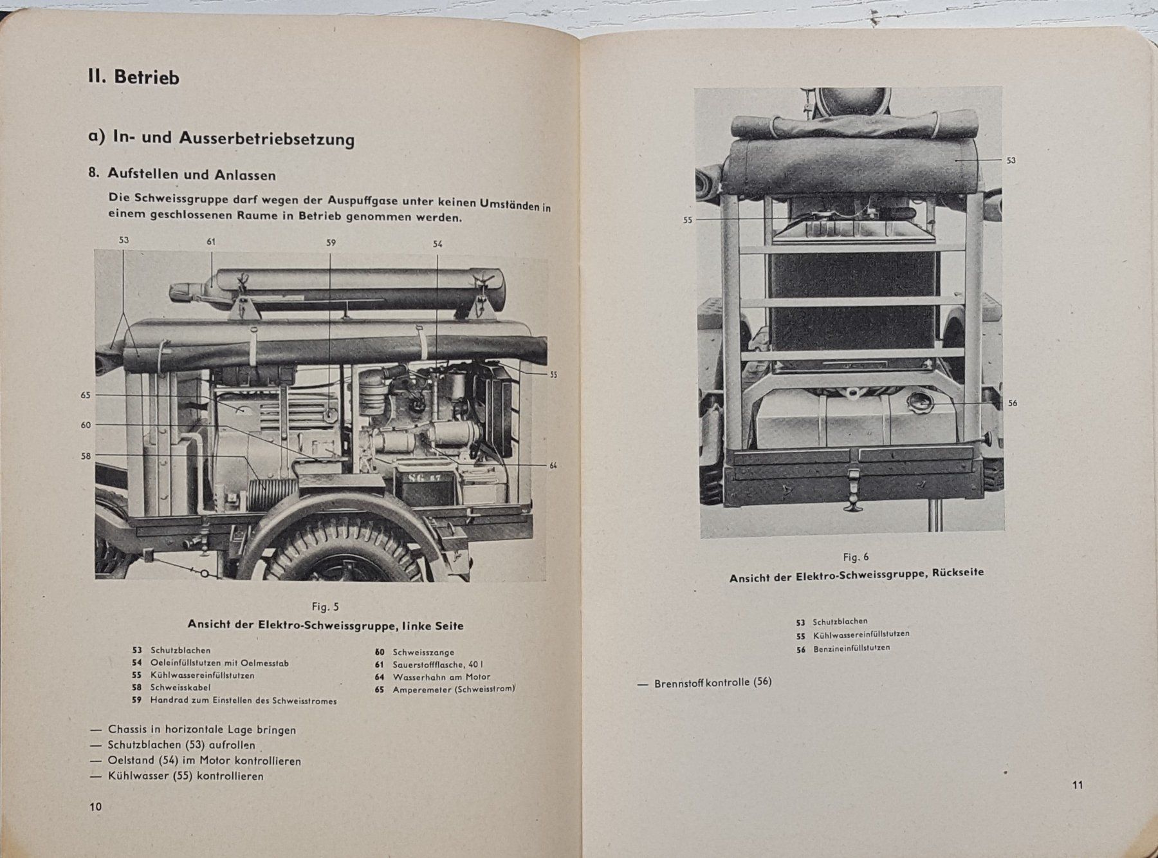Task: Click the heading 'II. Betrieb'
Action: click(134, 77)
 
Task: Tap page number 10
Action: click(95, 807)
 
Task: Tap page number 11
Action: click(1078, 785)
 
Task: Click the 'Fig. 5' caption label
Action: click(325, 606)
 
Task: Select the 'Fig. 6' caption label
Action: click(856, 557)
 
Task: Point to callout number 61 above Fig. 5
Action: click(211, 241)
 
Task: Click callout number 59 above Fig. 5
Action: click(331, 243)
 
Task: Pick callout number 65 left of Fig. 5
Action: click(86, 395)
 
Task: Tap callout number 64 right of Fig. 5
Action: click(553, 465)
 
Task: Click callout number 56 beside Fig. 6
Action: click(1013, 404)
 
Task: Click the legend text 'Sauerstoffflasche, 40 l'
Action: click(439, 665)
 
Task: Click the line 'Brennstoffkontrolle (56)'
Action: click(712, 683)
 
